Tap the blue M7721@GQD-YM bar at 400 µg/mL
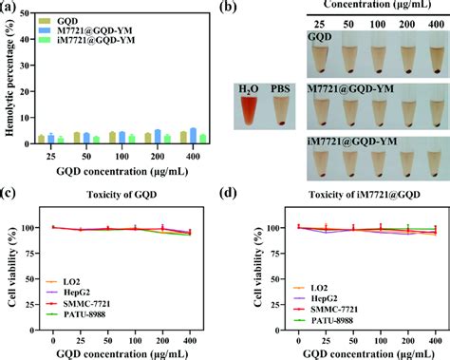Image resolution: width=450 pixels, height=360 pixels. pos(194,135)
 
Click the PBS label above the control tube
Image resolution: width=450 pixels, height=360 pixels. pos(282,88)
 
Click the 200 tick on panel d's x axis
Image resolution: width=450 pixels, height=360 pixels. pos(408,338)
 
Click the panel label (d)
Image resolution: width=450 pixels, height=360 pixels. pos(234,196)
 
